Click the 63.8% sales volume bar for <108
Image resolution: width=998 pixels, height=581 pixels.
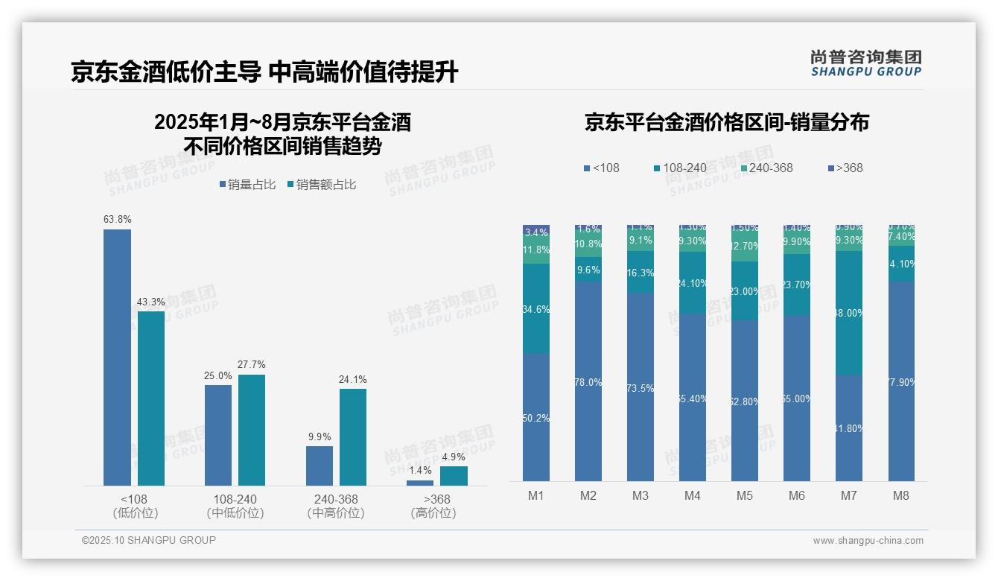tap(117, 358)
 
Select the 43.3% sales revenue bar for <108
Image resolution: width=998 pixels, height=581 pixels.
tap(151, 399)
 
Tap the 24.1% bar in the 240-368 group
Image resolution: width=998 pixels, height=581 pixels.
tap(353, 437)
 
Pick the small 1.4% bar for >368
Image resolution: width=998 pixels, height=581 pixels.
tap(420, 483)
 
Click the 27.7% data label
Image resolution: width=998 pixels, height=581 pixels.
tap(251, 364)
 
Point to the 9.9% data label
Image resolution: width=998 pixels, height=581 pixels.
tap(319, 436)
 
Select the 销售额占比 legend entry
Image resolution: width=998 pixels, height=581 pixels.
tap(321, 185)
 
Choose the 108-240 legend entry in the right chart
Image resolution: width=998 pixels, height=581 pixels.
tap(680, 168)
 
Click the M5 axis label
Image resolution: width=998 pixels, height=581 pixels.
tap(745, 496)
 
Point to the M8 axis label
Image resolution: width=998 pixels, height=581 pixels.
tap(901, 496)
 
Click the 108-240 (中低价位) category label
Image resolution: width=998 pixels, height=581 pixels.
tap(235, 506)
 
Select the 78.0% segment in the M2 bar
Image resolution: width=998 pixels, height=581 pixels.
tap(588, 381)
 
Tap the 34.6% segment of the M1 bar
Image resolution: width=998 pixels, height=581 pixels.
tap(536, 308)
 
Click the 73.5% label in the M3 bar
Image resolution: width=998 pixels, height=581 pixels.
tap(641, 388)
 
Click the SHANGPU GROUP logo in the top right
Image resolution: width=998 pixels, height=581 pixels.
tap(865, 63)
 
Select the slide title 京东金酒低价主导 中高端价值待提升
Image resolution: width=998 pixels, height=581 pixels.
tap(264, 72)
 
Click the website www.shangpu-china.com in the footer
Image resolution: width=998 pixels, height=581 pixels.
tap(868, 541)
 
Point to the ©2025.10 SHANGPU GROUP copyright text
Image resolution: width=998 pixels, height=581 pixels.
tap(149, 540)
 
